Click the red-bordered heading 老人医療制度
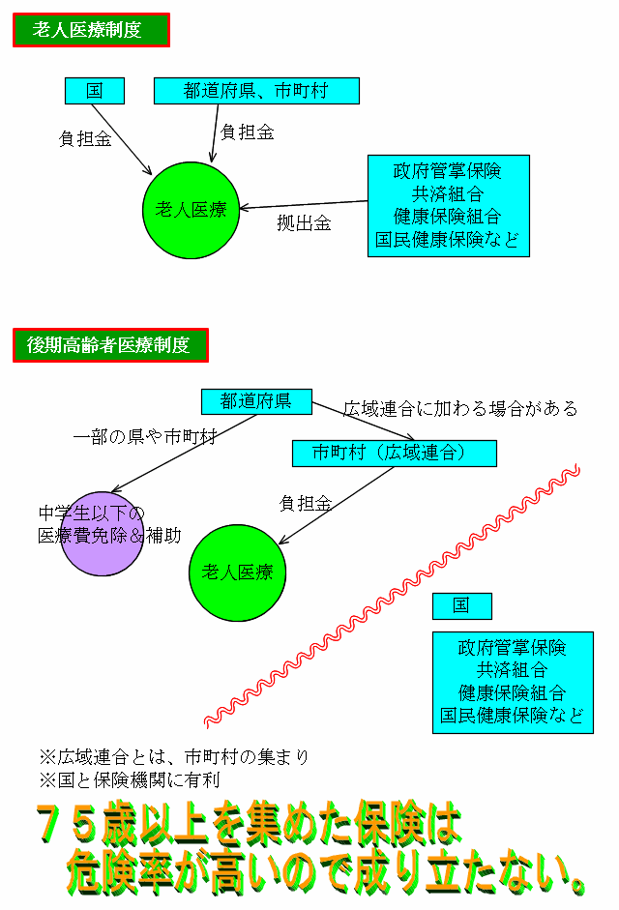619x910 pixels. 91,30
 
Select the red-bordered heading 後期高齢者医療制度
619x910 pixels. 110,344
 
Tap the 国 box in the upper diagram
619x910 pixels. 95,91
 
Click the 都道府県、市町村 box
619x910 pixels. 256,91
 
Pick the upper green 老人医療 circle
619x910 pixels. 192,210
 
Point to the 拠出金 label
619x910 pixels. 304,222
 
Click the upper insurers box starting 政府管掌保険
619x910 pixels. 448,205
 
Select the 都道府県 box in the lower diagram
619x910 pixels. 256,401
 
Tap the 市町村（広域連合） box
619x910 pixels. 395,454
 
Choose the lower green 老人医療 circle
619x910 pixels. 238,572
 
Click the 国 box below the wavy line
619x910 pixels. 462,606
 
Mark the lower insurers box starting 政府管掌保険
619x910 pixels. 513,683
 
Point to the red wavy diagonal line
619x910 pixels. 393,596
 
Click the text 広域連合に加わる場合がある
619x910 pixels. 460,408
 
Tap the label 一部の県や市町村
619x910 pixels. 144,436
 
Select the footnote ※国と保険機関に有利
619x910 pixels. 130,780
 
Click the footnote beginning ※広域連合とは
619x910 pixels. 174,757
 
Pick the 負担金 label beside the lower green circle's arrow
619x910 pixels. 306,503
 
